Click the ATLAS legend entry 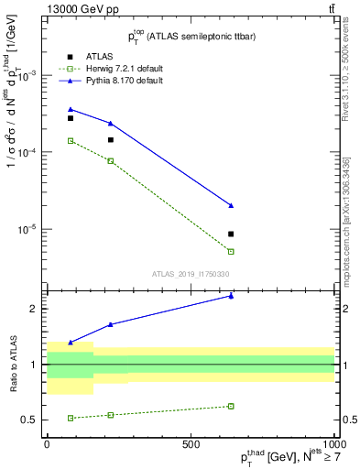pos(98,56)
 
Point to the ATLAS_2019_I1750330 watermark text pos(191,274)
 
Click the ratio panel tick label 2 pos(34,309)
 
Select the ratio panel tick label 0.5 pos(30,420)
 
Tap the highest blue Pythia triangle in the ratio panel pos(231,296)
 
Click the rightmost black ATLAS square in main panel pos(231,234)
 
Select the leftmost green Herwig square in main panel pos(71,141)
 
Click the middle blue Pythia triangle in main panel pos(111,123)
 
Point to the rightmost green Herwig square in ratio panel pos(231,406)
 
